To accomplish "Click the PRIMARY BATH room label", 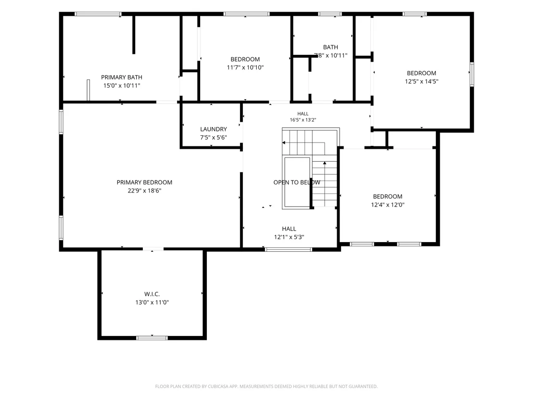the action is [x=122, y=77].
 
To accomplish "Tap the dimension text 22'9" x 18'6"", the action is [x=144, y=191].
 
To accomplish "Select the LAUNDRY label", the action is [x=214, y=129].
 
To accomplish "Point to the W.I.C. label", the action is [x=152, y=294].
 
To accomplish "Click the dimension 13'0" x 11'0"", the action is [x=152, y=302].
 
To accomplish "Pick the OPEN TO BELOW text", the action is [x=297, y=182].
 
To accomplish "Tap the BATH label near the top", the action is [x=331, y=47].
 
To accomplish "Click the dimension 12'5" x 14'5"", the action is [x=421, y=81].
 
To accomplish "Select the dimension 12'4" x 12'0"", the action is [x=388, y=205].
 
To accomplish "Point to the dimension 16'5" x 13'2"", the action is [x=303, y=120].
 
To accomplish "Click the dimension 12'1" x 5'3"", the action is [x=289, y=237].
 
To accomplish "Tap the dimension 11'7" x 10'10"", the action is [x=245, y=67].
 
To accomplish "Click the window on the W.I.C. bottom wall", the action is [x=152, y=338].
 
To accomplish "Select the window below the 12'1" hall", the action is [x=289, y=250].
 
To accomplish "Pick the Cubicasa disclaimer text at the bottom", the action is [x=266, y=387].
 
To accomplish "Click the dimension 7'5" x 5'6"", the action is [x=214, y=137].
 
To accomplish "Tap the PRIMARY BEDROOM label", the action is [x=144, y=182].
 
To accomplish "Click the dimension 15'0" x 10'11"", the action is [x=122, y=85].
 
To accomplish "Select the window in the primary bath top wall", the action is [x=98, y=14].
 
